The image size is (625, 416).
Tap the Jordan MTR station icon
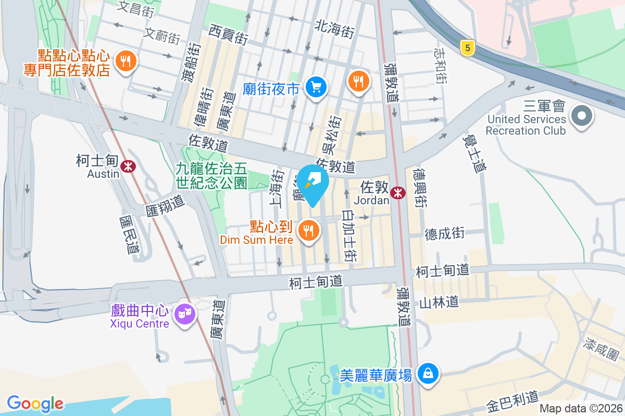click(398, 192)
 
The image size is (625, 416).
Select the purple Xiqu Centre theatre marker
click(185, 314)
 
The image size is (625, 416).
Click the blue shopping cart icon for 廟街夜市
click(316, 86)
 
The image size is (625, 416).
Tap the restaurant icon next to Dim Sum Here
click(309, 229)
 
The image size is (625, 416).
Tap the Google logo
click(35, 404)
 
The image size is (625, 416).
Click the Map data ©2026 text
click(580, 409)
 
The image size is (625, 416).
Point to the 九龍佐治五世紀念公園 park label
click(211, 175)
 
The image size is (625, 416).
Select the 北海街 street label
click(334, 30)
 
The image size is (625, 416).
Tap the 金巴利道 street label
click(512, 400)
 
